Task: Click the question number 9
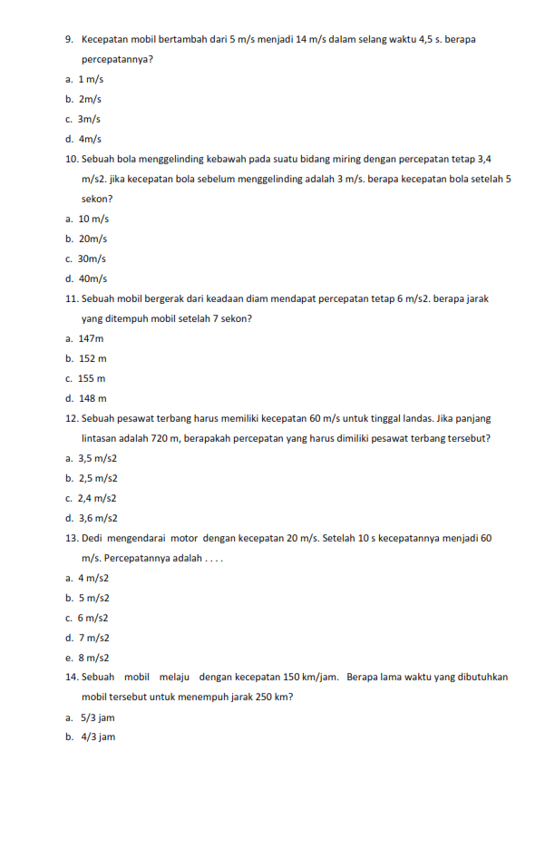pos(70,40)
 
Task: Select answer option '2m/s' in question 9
pos(90,99)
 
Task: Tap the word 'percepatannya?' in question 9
pos(117,60)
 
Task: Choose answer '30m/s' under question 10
pos(89,259)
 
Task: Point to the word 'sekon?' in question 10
pos(97,199)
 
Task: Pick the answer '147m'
pos(91,338)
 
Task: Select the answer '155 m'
pos(92,378)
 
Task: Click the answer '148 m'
pos(92,398)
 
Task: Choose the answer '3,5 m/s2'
pos(98,458)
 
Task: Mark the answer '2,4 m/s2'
pos(97,498)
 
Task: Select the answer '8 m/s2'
pos(93,658)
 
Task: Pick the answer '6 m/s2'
pos(93,618)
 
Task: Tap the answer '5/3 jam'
pos(96,717)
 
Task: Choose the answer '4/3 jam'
pos(96,737)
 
